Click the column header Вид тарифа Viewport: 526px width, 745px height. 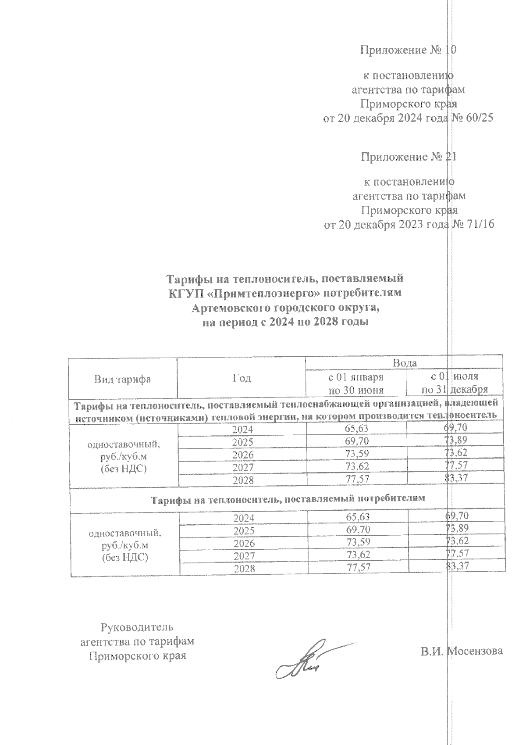[x=123, y=380]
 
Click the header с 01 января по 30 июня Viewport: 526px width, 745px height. [x=356, y=383]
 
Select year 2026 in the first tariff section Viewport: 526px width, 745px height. [x=243, y=455]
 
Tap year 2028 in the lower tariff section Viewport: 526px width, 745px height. [x=243, y=569]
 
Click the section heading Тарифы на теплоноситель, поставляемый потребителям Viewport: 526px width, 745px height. [x=288, y=499]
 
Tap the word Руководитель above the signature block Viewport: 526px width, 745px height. [x=137, y=627]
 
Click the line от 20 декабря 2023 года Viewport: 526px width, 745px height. [x=386, y=225]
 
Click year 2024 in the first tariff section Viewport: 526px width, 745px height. [x=243, y=430]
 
